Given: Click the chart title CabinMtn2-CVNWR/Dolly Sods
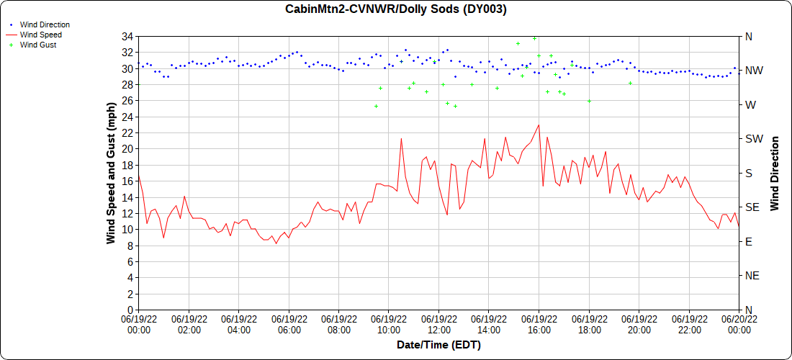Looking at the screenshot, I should pos(396,9).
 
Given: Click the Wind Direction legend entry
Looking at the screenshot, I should pos(45,24).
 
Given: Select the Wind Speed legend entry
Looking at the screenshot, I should pos(41,35).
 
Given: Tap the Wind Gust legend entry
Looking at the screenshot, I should pos(38,45).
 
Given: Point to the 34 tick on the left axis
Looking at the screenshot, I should pos(127,36).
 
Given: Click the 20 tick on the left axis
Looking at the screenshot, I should pos(127,149).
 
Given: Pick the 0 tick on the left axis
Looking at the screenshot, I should pos(130,310).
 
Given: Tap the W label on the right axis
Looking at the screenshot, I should pos(750,104).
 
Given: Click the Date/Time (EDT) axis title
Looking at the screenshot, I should pos(438,345).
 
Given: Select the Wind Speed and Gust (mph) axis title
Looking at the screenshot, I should pos(111,173).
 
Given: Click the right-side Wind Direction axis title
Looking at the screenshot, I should pos(775,173).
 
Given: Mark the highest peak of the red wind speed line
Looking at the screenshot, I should pos(539,125).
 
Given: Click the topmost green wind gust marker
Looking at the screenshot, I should pos(534,38).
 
